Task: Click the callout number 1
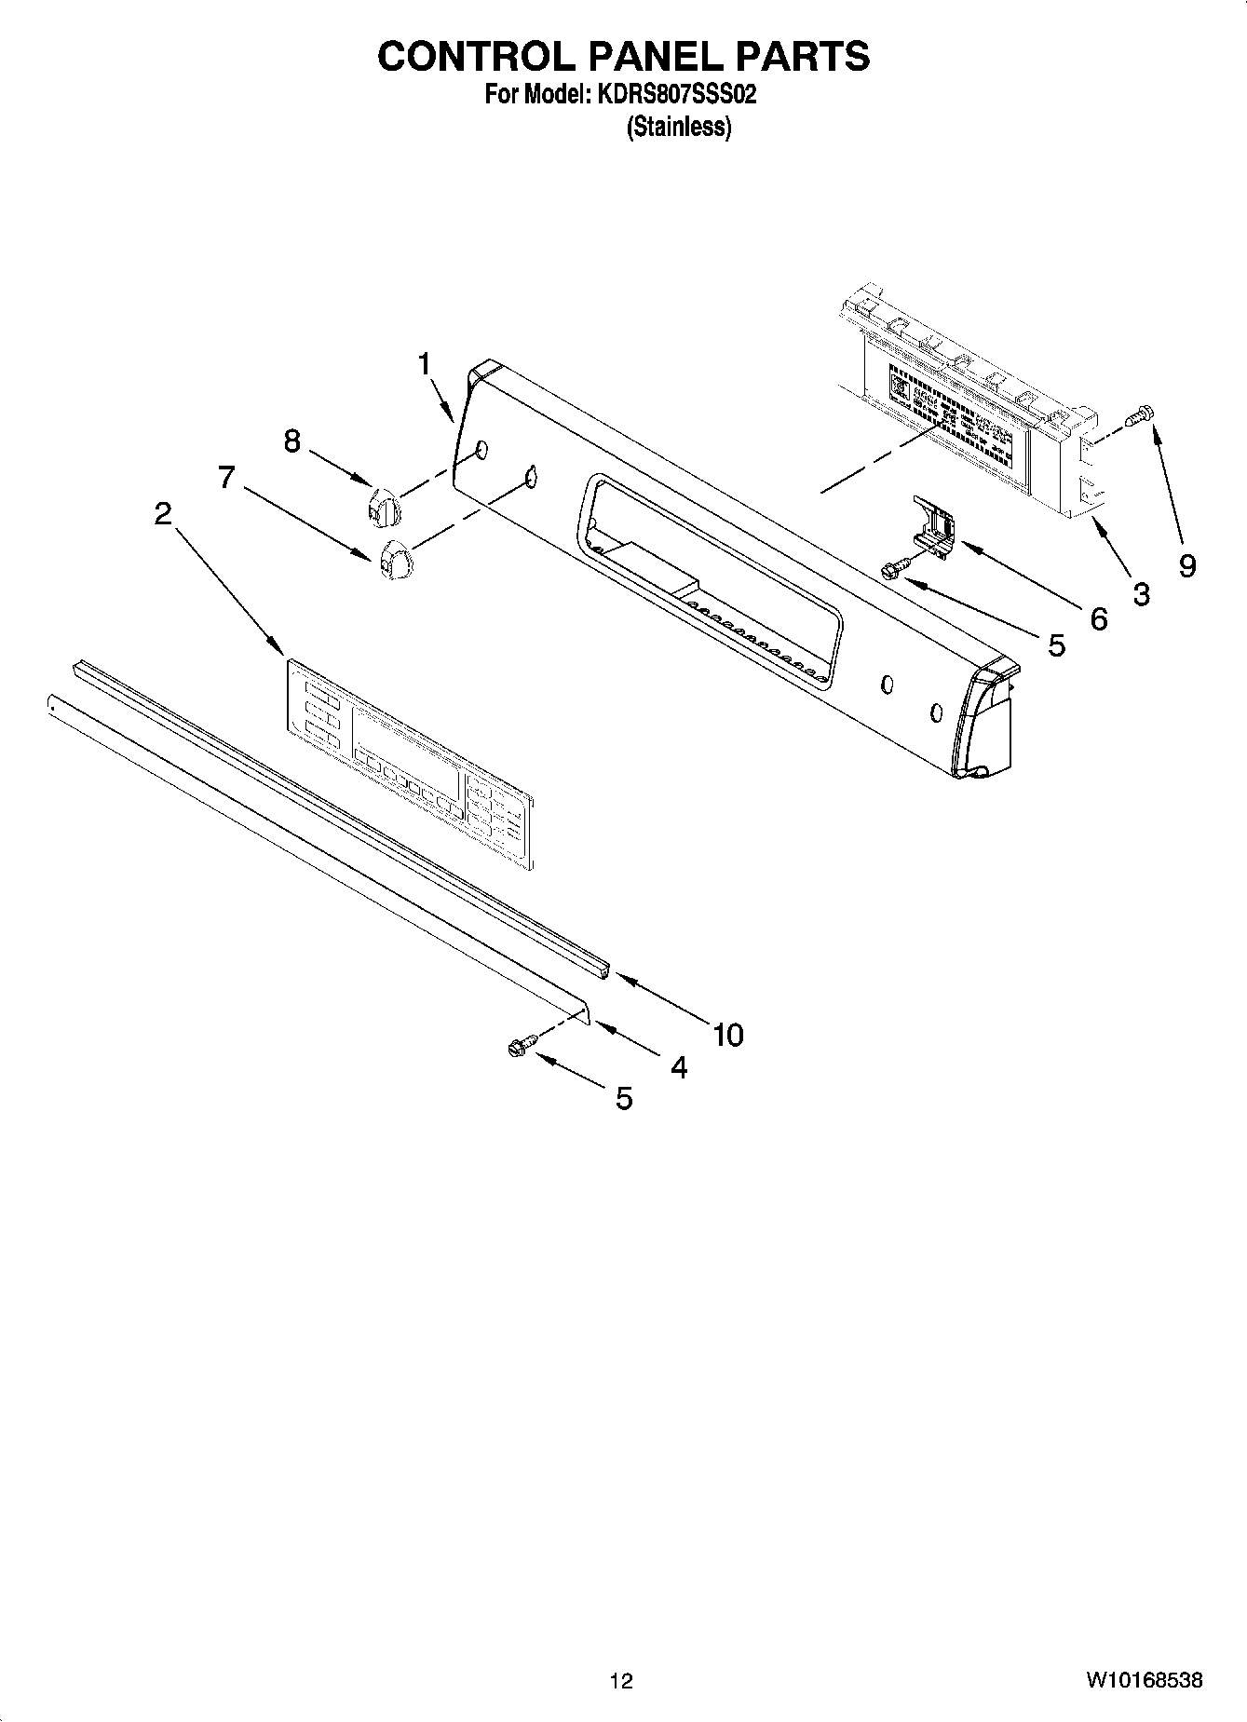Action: coord(425,364)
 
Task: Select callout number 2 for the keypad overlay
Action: coord(163,512)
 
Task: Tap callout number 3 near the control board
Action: coord(1141,594)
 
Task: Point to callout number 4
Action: coord(679,1067)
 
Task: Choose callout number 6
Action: coord(1099,618)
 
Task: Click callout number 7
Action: coord(226,477)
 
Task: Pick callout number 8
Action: coord(292,440)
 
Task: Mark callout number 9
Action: coord(1187,565)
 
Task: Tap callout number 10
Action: coord(728,1034)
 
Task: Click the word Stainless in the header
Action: coord(679,127)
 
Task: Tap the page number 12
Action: coord(621,1681)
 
